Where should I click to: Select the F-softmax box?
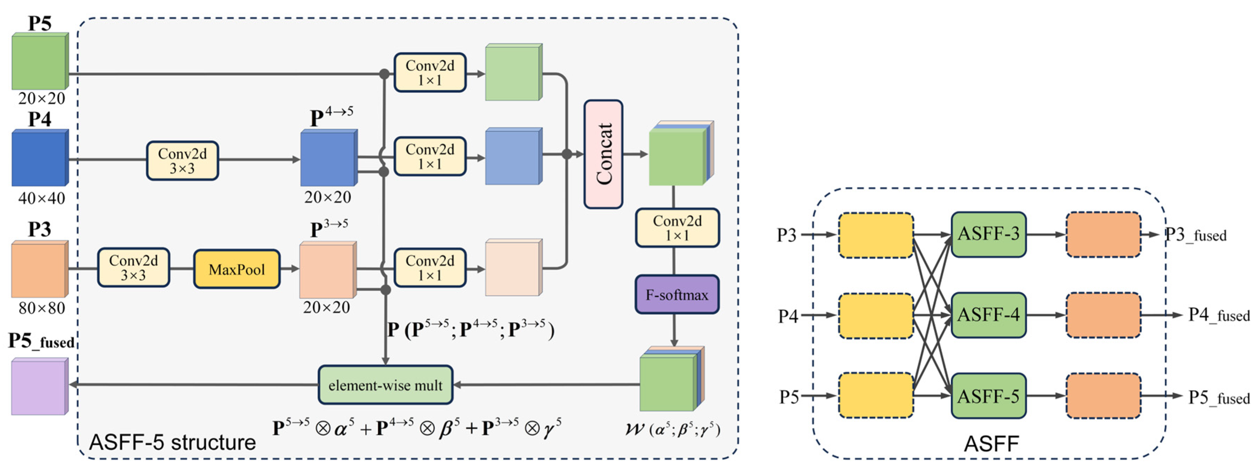point(677,294)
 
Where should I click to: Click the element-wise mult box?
point(385,385)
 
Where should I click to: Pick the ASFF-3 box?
point(989,234)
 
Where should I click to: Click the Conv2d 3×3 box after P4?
point(182,161)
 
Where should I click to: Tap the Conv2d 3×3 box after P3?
point(134,267)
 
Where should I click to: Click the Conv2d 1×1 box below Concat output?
point(677,228)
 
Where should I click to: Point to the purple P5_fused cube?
point(40,387)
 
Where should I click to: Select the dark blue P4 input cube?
point(40,158)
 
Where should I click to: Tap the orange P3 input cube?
point(40,269)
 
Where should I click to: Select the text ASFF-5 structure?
point(172,442)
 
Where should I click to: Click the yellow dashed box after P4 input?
point(875,316)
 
